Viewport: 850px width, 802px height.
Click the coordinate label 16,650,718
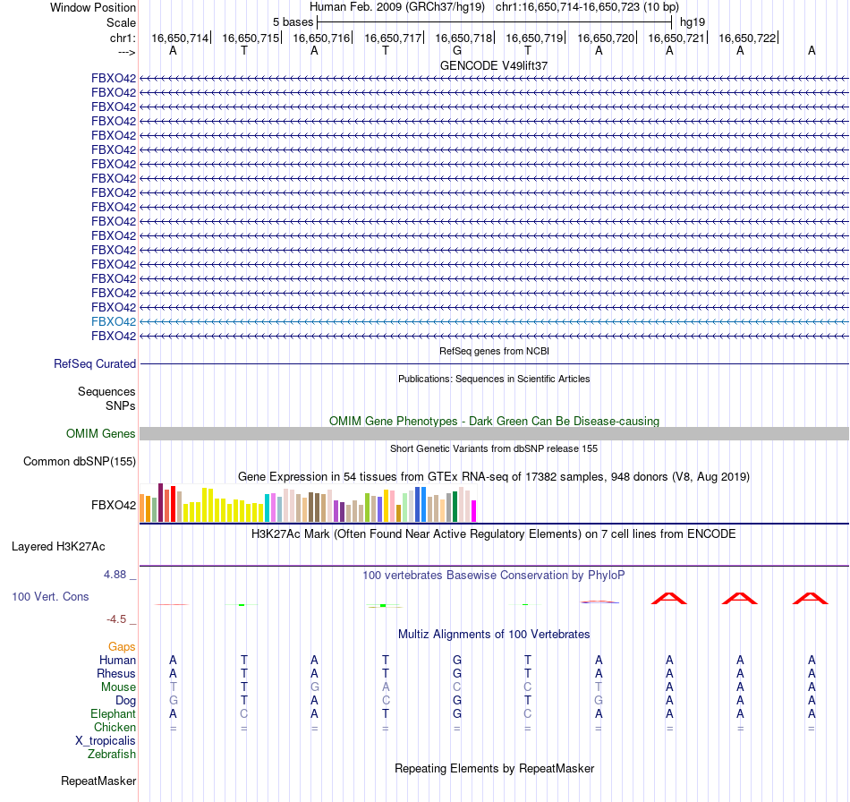point(463,38)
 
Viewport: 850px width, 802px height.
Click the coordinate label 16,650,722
point(746,38)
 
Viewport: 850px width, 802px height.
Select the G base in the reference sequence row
point(456,51)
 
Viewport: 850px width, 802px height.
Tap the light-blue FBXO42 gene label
point(114,321)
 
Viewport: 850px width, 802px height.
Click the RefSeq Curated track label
point(95,364)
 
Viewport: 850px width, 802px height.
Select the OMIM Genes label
point(101,434)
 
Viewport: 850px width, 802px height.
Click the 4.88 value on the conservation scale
point(117,575)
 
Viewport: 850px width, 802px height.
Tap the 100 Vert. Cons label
point(52,596)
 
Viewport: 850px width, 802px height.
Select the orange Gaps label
point(122,646)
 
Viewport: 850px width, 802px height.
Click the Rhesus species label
point(116,674)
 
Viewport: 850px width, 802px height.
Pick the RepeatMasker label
point(98,781)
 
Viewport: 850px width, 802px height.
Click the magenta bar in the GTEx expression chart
point(474,511)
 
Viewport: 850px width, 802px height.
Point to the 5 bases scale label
point(293,21)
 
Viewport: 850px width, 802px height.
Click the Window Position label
point(93,7)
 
